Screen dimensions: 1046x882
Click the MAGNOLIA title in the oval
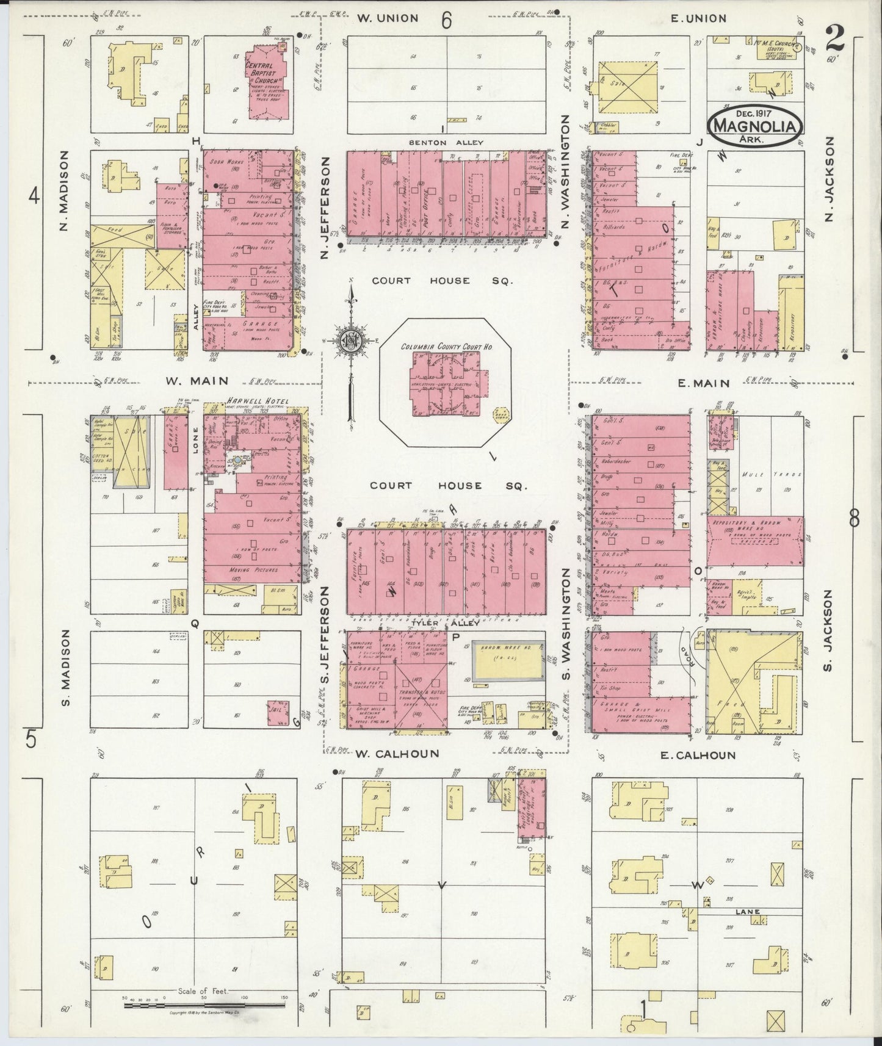click(x=754, y=126)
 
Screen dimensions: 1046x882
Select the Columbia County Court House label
click(x=447, y=347)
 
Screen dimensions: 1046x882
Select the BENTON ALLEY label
click(x=446, y=143)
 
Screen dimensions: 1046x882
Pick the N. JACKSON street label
click(x=829, y=178)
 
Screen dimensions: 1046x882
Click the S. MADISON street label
click(x=67, y=668)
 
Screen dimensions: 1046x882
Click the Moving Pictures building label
click(x=253, y=570)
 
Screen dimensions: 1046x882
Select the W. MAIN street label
click(x=196, y=381)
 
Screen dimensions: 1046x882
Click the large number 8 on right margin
click(x=854, y=519)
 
